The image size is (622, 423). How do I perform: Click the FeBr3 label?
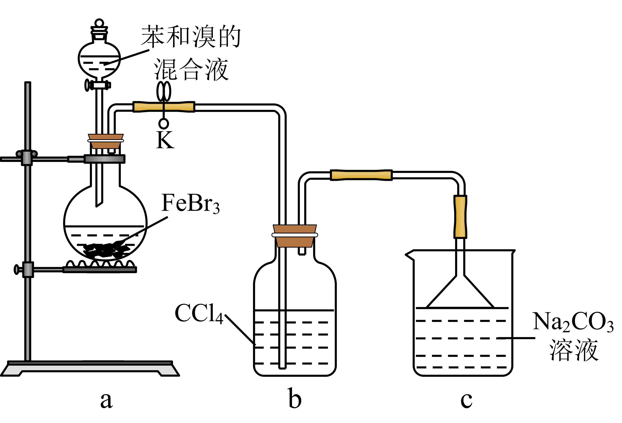(x=190, y=204)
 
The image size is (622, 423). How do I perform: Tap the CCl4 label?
(x=199, y=314)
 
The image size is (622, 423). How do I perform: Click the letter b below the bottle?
(x=295, y=399)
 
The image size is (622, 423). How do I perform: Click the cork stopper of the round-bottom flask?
(x=106, y=141)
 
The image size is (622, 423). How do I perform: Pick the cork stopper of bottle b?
(x=295, y=236)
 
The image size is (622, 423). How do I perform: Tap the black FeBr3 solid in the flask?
(x=106, y=250)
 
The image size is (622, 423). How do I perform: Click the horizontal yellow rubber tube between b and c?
(x=361, y=175)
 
